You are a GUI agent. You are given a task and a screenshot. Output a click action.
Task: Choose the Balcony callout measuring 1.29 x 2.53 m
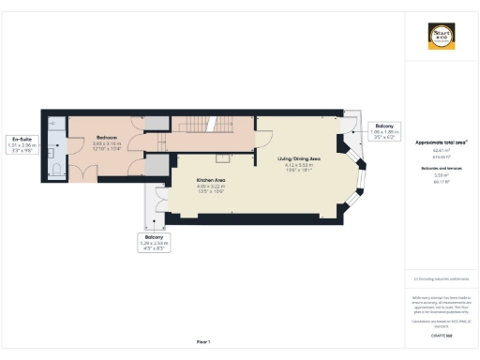point(151,241)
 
